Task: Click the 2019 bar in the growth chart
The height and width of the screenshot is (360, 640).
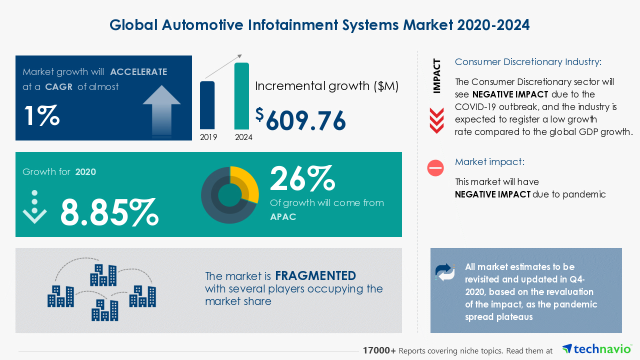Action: (x=207, y=105)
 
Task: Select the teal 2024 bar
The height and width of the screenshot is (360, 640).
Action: (x=241, y=96)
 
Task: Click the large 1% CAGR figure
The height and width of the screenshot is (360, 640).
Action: (x=41, y=115)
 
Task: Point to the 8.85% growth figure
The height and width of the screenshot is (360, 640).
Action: (x=109, y=212)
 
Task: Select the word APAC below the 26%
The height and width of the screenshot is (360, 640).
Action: (x=283, y=216)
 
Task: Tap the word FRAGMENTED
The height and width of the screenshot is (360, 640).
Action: (x=315, y=276)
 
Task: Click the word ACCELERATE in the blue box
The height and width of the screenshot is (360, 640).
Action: (x=138, y=71)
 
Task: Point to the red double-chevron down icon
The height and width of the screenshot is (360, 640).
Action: (x=436, y=120)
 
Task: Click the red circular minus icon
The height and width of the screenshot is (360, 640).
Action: (x=435, y=168)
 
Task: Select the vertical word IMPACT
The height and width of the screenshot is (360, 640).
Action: (x=437, y=76)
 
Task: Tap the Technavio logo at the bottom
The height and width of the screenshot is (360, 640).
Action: (x=596, y=349)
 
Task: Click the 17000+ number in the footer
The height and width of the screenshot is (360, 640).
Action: (x=379, y=350)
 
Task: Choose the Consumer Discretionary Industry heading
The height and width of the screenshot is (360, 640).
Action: (x=528, y=62)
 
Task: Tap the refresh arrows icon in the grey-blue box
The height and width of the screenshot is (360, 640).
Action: (x=445, y=272)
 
